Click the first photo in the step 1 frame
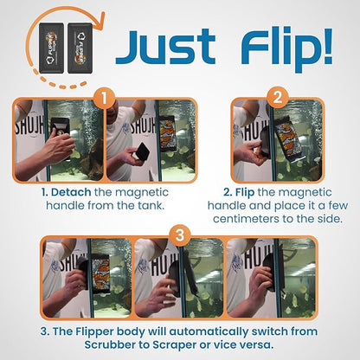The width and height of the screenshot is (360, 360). [x=58, y=140]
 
